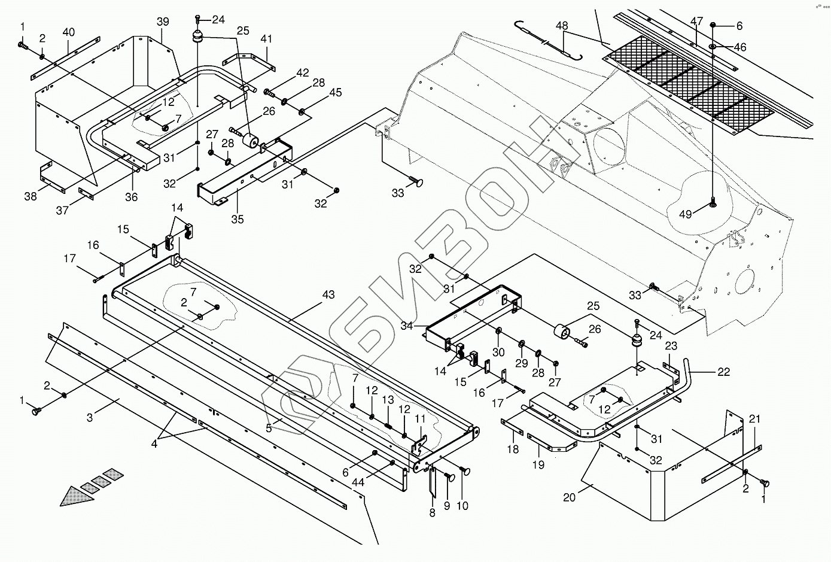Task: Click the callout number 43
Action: [x=328, y=295]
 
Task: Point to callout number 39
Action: [x=163, y=22]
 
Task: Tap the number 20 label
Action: [x=569, y=497]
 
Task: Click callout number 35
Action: [x=238, y=220]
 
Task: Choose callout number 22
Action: [x=723, y=372]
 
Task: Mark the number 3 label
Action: [x=90, y=418]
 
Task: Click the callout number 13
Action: [x=388, y=400]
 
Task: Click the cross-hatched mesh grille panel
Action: [x=688, y=84]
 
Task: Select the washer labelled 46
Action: [x=714, y=46]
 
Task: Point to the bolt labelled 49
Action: [x=714, y=203]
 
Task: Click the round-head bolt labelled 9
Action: [x=450, y=477]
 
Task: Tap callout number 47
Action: [x=696, y=21]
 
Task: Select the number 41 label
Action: [x=266, y=40]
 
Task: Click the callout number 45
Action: [x=335, y=92]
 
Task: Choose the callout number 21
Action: [x=754, y=419]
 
